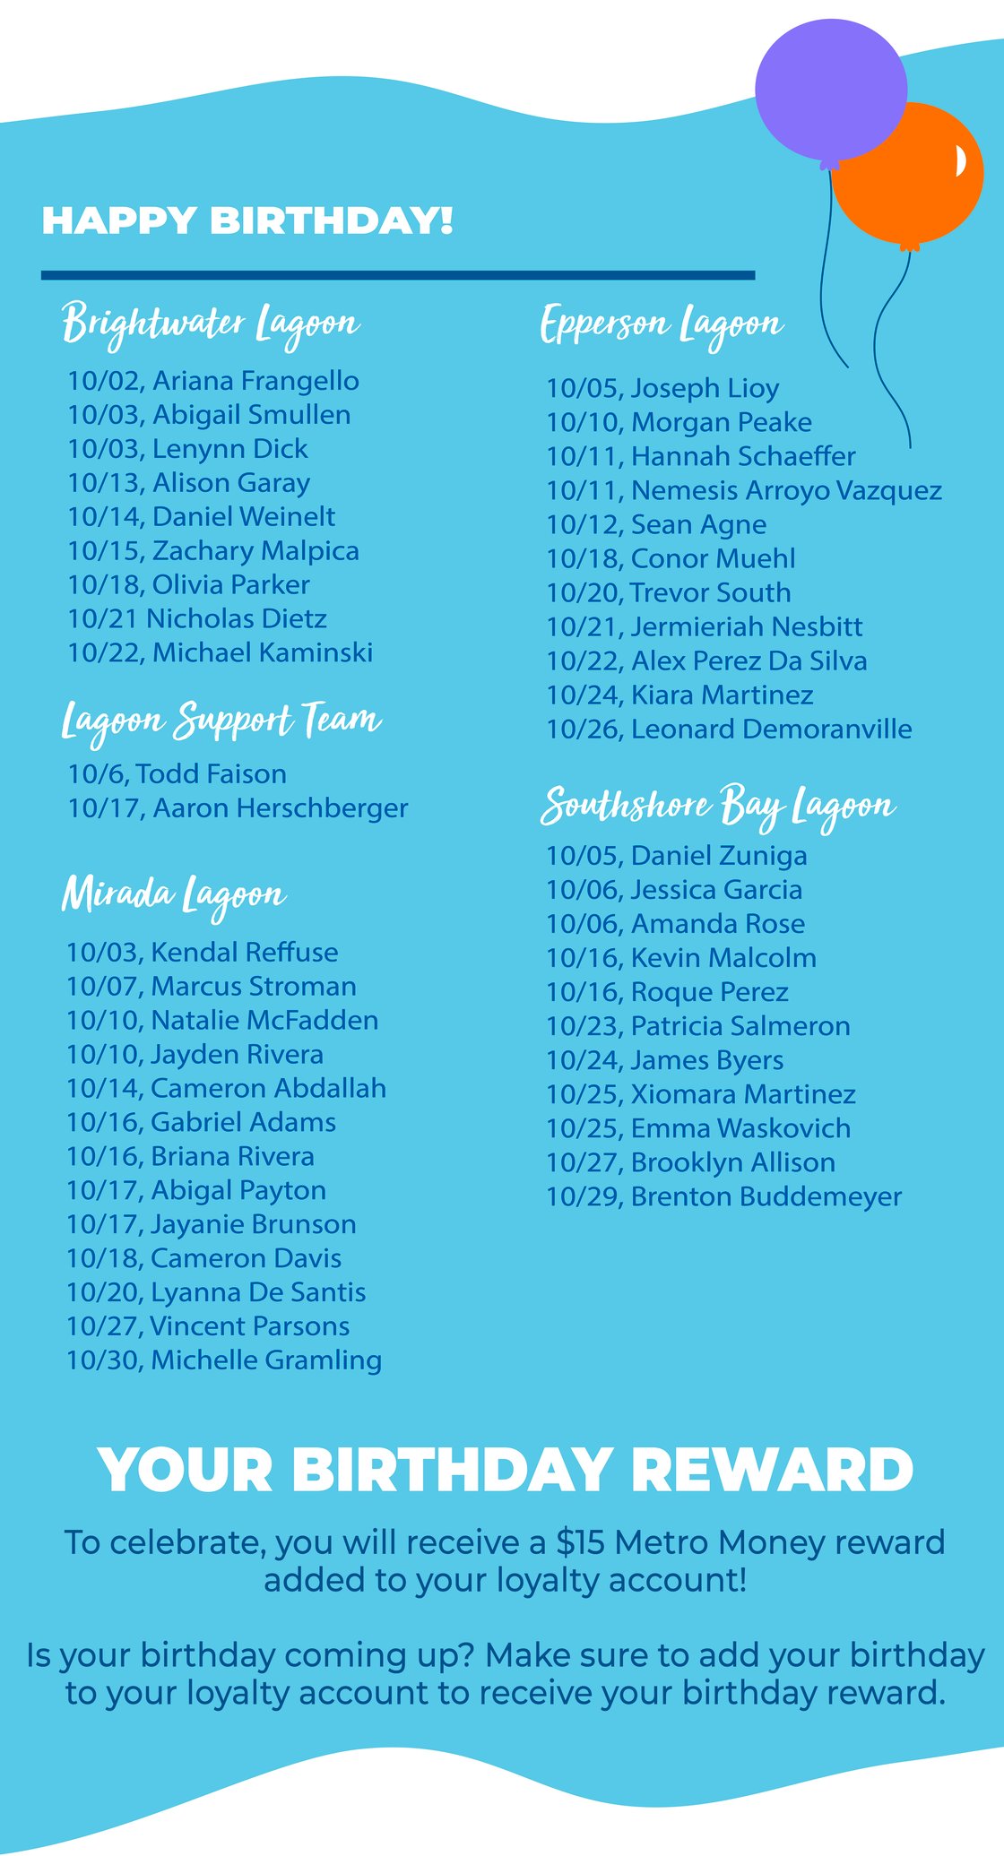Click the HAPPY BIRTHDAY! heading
click(247, 220)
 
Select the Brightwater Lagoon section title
click(211, 324)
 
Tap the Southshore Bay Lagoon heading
click(718, 807)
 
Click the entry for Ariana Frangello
click(213, 381)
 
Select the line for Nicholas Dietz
click(197, 618)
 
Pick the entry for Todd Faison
click(177, 773)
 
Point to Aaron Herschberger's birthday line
click(238, 807)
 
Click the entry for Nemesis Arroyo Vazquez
click(744, 490)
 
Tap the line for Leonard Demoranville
click(729, 729)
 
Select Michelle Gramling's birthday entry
click(224, 1360)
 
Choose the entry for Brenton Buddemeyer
click(724, 1196)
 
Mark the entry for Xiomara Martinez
click(701, 1094)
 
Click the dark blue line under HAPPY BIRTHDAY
click(398, 275)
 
